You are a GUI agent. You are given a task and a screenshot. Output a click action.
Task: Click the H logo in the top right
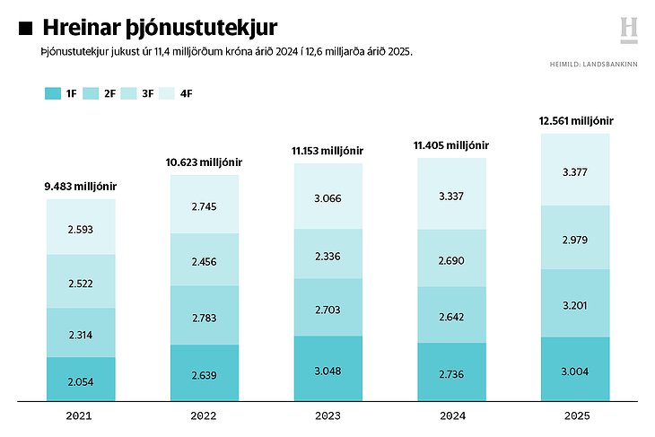[x=629, y=29]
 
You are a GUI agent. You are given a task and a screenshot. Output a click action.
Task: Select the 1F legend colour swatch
[x=51, y=93]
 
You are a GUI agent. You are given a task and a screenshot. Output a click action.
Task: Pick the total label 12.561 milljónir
[x=575, y=120]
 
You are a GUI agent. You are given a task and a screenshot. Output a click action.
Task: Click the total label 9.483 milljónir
[x=81, y=187]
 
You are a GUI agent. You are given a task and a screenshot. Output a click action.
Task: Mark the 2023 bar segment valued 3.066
[x=327, y=197]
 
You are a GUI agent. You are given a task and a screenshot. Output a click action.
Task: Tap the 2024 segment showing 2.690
[x=452, y=258]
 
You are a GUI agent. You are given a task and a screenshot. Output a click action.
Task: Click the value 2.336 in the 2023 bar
[x=327, y=256]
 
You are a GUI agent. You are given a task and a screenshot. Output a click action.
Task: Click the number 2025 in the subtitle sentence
[x=397, y=53]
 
